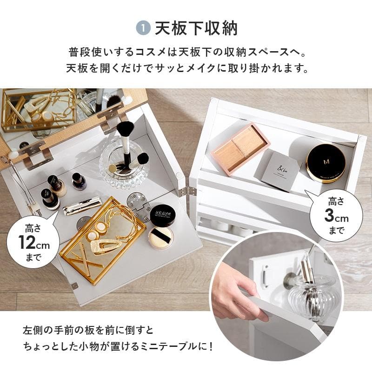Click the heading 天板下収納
pos(196,28)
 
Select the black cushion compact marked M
pos(325,162)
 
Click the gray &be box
pos(278,170)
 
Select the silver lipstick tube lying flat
pos(82,206)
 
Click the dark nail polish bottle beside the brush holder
pos(78,181)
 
